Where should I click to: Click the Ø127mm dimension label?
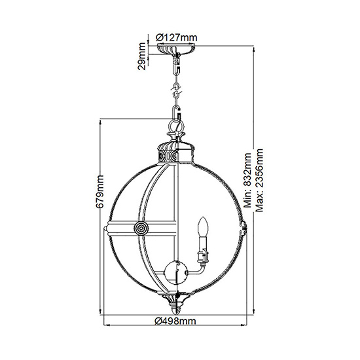pyautogui.click(x=176, y=37)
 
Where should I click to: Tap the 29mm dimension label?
pyautogui.click(x=142, y=56)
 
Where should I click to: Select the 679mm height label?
pyautogui.click(x=99, y=192)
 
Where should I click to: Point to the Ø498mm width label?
pyautogui.click(x=175, y=321)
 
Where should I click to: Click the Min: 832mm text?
pyautogui.click(x=247, y=180)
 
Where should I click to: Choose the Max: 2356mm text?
pyautogui.click(x=259, y=180)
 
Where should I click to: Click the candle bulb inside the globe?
pyautogui.click(x=203, y=226)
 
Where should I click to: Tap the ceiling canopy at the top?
pyautogui.click(x=176, y=49)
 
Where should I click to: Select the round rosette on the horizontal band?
pyautogui.click(x=141, y=228)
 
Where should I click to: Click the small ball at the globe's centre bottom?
pyautogui.click(x=176, y=272)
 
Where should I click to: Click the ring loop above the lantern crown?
pyautogui.click(x=176, y=126)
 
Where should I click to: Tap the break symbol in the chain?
pyautogui.click(x=176, y=90)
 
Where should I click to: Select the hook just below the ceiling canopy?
pyautogui.click(x=177, y=65)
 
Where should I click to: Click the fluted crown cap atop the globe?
pyautogui.click(x=175, y=152)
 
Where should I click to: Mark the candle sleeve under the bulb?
pyautogui.click(x=203, y=249)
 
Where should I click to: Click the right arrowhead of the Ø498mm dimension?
pyautogui.click(x=244, y=325)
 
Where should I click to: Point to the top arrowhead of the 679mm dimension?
pyautogui.click(x=101, y=122)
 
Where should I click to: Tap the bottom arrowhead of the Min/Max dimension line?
pyautogui.click(x=254, y=312)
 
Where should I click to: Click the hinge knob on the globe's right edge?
pyautogui.click(x=244, y=228)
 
